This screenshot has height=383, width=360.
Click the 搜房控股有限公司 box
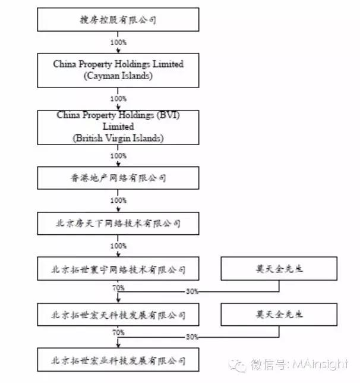point(118,20)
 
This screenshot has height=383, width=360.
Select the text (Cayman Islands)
point(118,76)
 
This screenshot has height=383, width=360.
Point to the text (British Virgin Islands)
point(118,137)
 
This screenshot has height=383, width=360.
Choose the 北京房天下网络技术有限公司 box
point(118,224)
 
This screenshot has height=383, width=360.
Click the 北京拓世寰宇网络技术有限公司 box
point(118,269)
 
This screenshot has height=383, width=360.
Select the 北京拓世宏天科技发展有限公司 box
point(118,315)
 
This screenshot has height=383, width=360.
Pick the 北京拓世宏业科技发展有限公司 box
point(118,360)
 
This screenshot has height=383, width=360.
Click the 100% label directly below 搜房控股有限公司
point(118,43)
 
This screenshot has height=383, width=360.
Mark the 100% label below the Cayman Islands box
point(118,99)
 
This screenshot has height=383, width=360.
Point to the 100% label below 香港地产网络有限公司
point(118,200)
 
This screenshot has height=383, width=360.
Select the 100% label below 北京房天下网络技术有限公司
point(118,246)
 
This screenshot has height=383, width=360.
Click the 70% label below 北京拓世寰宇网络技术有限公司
point(118,287)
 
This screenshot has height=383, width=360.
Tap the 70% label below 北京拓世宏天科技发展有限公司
point(118,332)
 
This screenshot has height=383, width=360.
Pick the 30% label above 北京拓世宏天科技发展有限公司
point(192,292)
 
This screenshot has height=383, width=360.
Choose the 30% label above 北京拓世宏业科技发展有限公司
point(192,337)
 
